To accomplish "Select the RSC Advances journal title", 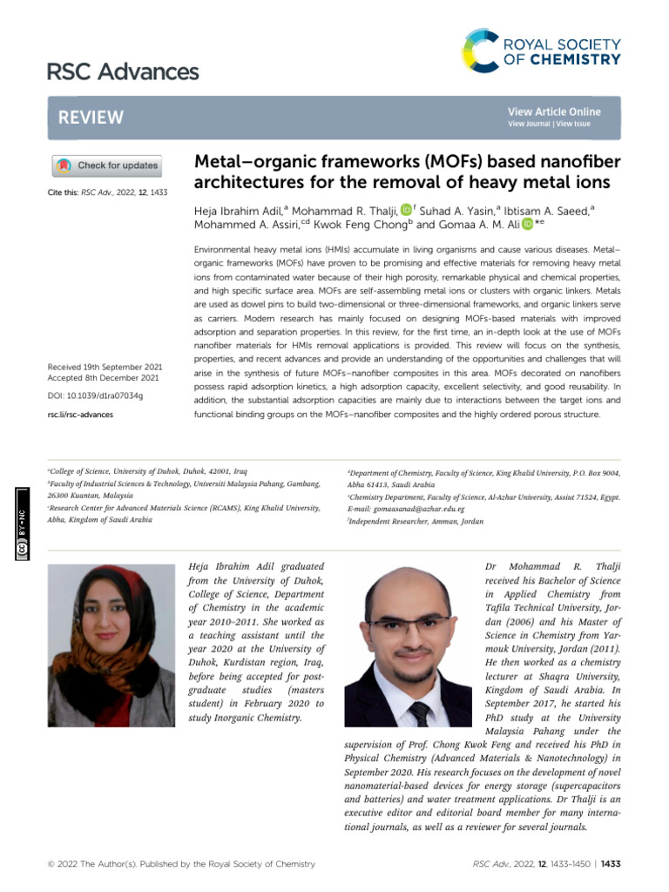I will pos(122,71).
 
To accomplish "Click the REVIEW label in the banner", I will pos(91,118).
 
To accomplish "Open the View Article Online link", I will pos(554,111).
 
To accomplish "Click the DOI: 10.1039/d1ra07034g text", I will pos(95,395).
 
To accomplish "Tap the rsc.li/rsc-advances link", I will pos(79,415).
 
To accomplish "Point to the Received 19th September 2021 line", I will pos(103,367).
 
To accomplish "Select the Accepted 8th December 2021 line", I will pos(103,378).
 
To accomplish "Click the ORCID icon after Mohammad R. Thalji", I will pos(405,209).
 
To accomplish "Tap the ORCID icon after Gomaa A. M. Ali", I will pos(528,225).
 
